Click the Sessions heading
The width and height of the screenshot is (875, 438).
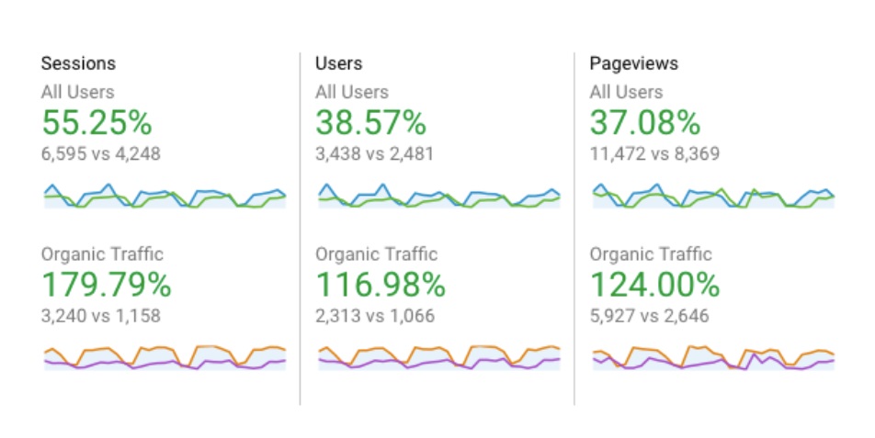coord(78,63)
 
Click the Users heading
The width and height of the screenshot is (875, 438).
coord(338,63)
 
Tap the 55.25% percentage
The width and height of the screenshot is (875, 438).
coord(97,122)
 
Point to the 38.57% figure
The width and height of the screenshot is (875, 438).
coord(370,122)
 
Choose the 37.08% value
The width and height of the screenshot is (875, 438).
coord(644,122)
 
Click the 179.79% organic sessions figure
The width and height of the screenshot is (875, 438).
coord(106,285)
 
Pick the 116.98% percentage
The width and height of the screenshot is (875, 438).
coord(380,285)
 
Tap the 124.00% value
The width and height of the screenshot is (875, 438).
coord(654,285)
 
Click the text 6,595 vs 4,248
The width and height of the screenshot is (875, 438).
coord(100,153)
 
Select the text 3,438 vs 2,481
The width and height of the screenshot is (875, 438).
coord(374,153)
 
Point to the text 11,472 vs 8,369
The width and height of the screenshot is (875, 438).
coord(654,153)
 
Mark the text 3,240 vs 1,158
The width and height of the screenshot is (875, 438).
coord(100,316)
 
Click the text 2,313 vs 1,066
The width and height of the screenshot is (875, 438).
coord(374,316)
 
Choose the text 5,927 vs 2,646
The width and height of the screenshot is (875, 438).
coord(649,316)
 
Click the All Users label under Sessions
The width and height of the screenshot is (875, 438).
coord(77,92)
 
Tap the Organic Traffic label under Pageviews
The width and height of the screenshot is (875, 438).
coord(650,254)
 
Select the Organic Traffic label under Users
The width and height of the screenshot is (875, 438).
coord(376,254)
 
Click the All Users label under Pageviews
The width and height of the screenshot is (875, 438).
coord(626,92)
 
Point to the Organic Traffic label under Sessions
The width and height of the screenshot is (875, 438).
coord(102,254)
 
